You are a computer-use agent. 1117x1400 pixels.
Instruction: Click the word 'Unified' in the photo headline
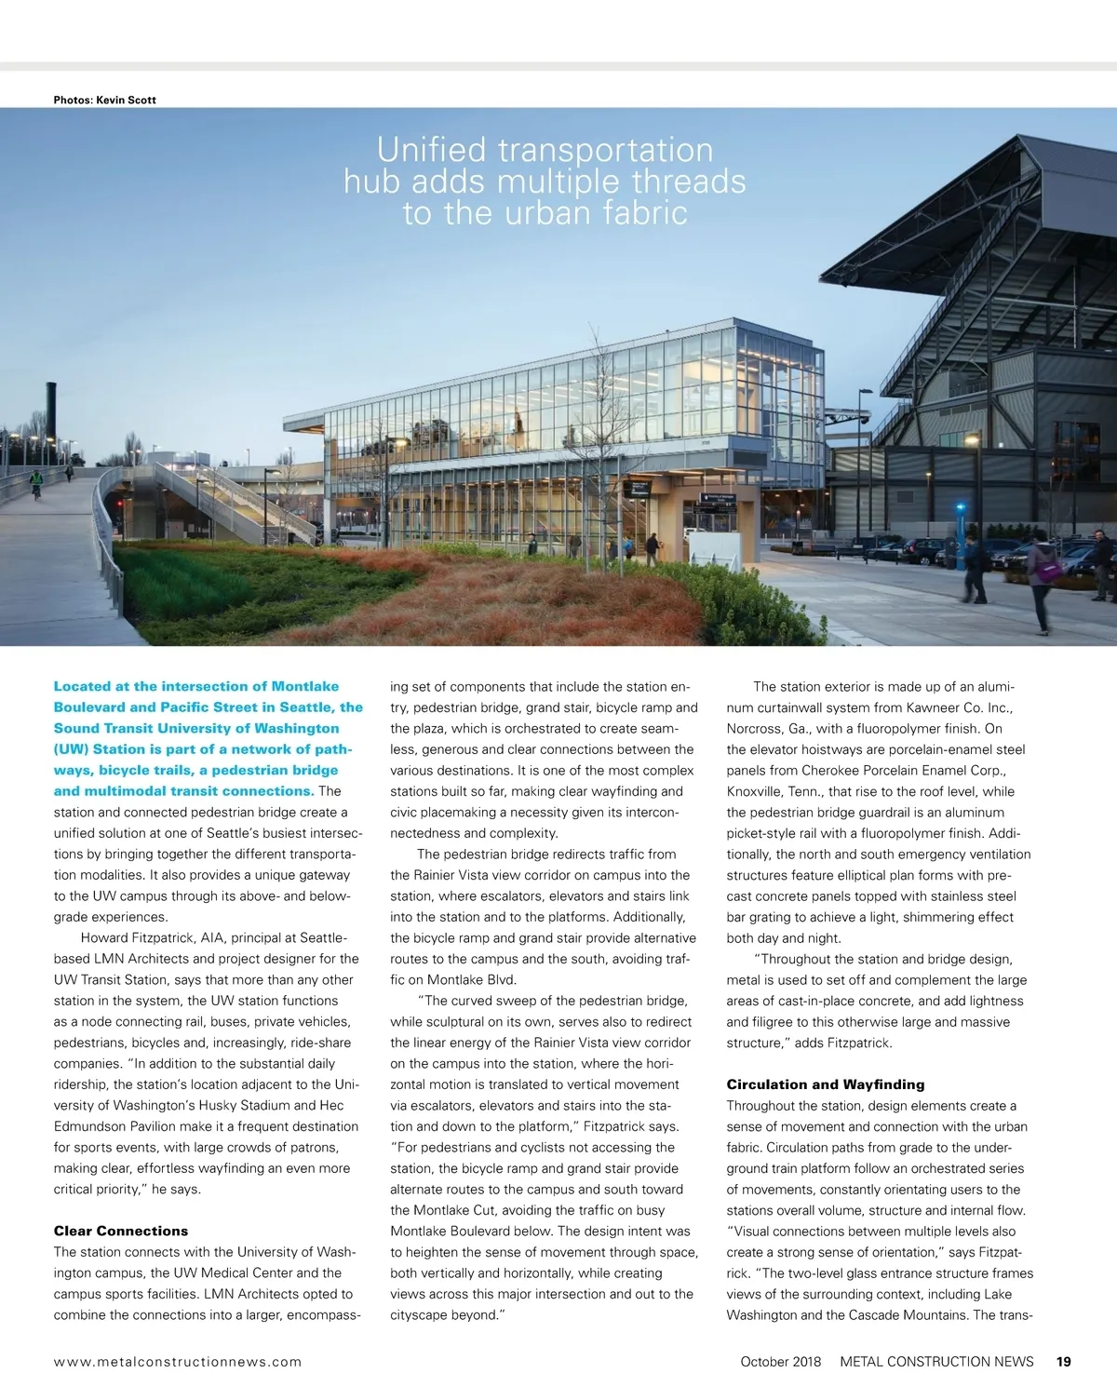coord(431,150)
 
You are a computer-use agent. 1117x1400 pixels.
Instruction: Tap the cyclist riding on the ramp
coord(36,483)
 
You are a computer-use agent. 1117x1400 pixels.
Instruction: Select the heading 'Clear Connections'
coord(121,1231)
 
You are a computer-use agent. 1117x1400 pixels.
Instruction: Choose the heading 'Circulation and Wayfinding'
coord(826,1084)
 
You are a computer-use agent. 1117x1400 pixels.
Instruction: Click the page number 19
coord(1064,1362)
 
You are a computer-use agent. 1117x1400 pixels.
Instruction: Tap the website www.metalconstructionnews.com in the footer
coord(178,1362)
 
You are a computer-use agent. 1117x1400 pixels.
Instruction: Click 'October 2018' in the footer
coord(781,1362)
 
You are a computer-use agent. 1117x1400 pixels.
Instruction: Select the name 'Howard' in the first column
coord(105,938)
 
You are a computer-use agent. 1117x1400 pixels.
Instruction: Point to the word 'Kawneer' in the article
coord(938,707)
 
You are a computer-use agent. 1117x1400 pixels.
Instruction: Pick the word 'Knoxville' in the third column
coord(757,791)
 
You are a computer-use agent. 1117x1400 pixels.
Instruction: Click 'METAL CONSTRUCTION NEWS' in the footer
coord(936,1362)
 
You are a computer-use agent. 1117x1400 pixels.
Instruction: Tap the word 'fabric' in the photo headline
coord(644,213)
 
